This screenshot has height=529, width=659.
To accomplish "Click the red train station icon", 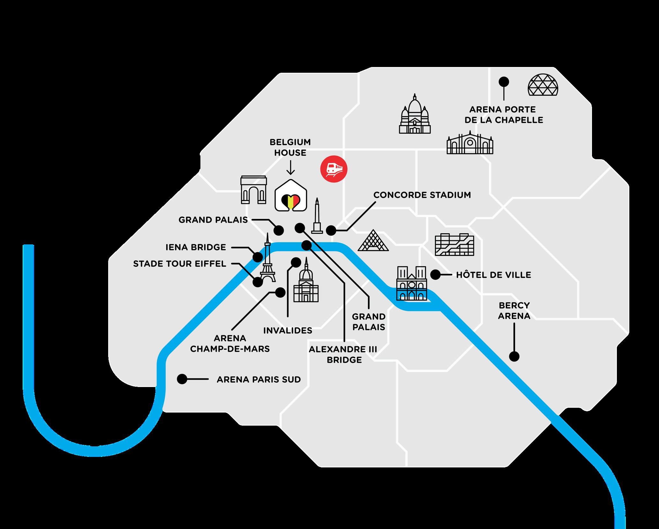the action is click(334, 169).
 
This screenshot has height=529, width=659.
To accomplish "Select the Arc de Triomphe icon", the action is click(253, 190).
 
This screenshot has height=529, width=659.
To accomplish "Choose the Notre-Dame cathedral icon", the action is click(411, 283).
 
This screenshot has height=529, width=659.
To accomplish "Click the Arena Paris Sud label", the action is click(258, 380).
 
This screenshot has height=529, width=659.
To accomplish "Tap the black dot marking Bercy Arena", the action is click(514, 356).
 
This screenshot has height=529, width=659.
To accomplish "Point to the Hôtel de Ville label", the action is click(493, 275).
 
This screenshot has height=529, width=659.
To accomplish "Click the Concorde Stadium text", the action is click(422, 195).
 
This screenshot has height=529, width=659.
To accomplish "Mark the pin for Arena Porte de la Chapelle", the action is click(504, 82).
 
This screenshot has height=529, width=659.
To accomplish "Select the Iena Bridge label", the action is click(196, 247).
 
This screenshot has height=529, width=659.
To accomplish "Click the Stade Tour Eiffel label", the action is click(180, 264).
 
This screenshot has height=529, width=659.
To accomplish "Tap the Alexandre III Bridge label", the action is click(343, 354).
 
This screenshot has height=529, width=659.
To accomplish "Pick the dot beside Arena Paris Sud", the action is click(182, 379).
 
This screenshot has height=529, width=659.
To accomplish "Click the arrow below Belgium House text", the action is click(290, 168).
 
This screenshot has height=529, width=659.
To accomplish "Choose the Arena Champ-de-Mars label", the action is click(230, 343).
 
